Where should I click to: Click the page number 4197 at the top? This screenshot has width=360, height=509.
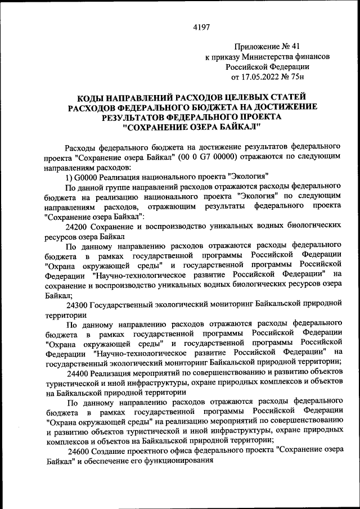coord(200,27)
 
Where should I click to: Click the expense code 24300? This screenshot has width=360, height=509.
coord(76,305)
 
